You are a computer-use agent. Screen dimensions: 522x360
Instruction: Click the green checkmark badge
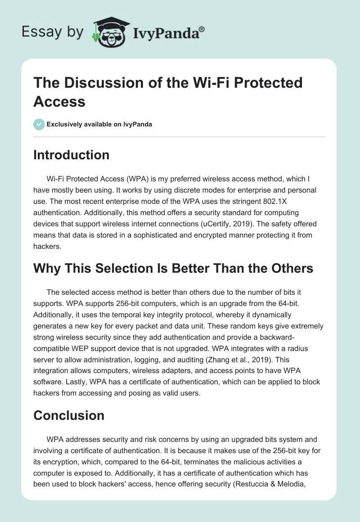(39, 124)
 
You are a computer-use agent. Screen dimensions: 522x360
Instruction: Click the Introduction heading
(71, 155)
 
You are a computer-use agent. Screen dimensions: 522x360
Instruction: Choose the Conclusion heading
(69, 415)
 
